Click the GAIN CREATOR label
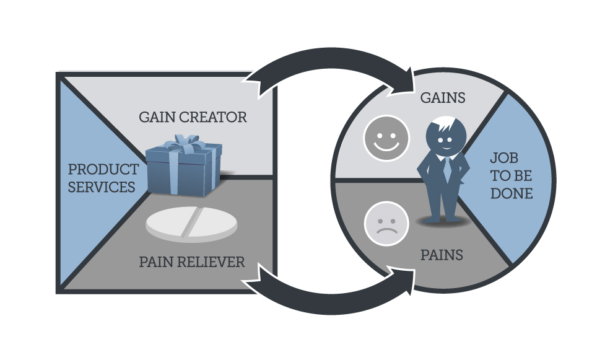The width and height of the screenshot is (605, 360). [x=193, y=117]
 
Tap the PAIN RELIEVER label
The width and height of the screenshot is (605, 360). [x=192, y=262]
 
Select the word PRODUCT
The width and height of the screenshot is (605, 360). [x=103, y=169]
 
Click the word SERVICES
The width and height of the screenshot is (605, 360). [x=102, y=187]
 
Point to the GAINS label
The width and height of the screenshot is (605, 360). [x=443, y=98]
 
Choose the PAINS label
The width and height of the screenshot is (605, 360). [x=442, y=255]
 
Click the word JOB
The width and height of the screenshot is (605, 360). [x=504, y=157]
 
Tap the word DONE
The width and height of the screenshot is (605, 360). [x=511, y=193]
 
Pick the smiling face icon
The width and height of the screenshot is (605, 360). [x=386, y=138]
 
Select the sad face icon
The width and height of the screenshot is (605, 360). [x=386, y=224]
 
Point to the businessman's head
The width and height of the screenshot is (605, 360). [x=446, y=136]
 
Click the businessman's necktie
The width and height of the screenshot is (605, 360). [x=447, y=169]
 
